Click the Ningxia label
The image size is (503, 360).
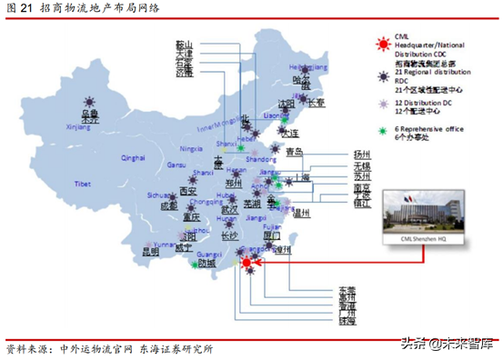pos(191,147)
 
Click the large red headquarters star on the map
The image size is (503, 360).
pos(246,264)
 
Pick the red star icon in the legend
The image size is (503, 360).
pos(383,38)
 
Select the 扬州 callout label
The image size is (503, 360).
pos(362,155)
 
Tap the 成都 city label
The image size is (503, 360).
pos(169,205)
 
